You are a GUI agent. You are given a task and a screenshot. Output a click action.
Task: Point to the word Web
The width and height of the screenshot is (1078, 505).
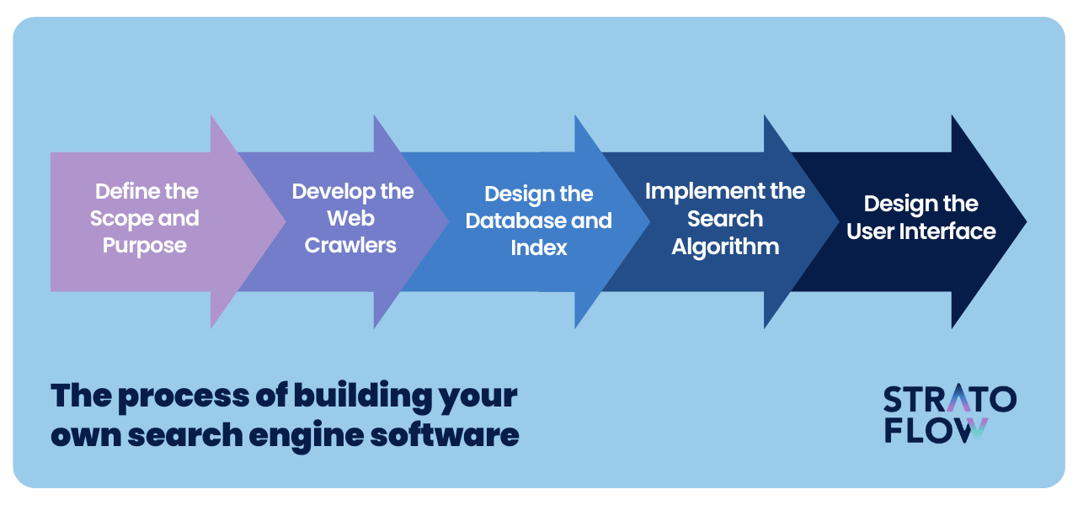pyautogui.click(x=350, y=218)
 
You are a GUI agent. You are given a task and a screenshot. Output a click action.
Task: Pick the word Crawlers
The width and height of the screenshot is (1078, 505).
pyautogui.click(x=350, y=245)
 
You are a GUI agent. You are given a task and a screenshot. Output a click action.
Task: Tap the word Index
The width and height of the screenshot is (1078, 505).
pyautogui.click(x=538, y=247)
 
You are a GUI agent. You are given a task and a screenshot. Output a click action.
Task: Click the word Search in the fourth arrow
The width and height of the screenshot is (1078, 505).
pyautogui.click(x=725, y=219)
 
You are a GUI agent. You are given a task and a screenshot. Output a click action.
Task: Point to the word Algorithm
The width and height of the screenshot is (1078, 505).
pyautogui.click(x=725, y=247)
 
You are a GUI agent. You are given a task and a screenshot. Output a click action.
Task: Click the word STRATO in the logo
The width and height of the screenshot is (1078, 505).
pyautogui.click(x=949, y=398)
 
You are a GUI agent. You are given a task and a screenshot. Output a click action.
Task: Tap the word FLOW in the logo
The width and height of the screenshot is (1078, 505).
pyautogui.click(x=936, y=430)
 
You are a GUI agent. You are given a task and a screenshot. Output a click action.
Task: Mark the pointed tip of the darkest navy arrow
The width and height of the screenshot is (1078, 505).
pyautogui.click(x=1026, y=221)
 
